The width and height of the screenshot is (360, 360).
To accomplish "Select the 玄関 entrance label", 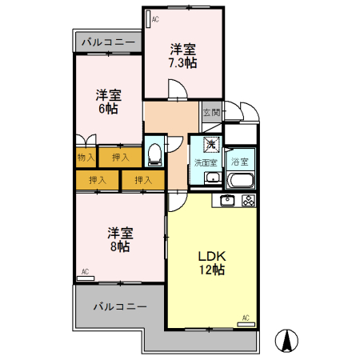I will coord(210,113).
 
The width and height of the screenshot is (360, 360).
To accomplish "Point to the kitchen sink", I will coord(227,201).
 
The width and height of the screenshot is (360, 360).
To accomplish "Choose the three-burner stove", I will coord(248,201).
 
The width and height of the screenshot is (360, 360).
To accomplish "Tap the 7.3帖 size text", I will coord(182,62).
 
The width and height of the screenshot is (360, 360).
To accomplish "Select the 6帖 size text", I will coord(107,108).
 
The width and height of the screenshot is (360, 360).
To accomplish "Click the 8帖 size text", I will coord(120,247).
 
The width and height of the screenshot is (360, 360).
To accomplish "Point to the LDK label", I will coord(213,256).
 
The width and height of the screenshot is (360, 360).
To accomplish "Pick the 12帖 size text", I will coord(213,270).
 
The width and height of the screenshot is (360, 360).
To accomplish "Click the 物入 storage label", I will coord(86,158).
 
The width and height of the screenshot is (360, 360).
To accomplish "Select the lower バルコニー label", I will coord(119,306).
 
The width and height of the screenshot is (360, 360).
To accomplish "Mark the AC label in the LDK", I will coord(246,318).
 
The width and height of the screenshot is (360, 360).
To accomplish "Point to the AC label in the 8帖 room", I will coord(85,272).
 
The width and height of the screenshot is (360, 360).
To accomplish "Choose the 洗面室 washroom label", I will coord(206,162).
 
